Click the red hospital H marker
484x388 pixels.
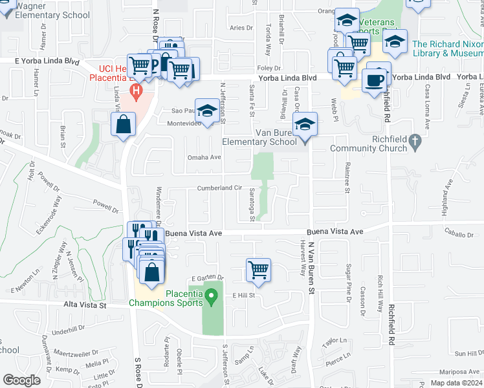(x=135, y=91)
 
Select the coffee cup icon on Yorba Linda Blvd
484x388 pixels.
(x=375, y=80)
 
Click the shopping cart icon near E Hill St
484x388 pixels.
(x=258, y=270)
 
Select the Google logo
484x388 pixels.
(x=21, y=380)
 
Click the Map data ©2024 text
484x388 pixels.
(x=456, y=383)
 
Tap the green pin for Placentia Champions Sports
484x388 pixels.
(x=210, y=297)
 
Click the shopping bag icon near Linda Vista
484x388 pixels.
(x=123, y=125)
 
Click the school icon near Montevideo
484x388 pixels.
(x=207, y=112)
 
